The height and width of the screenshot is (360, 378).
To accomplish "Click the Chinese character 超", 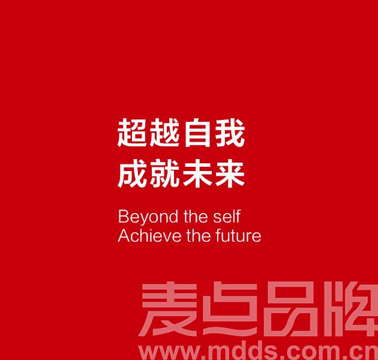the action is pyautogui.click(x=132, y=133).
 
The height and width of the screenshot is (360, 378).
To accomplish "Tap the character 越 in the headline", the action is pyautogui.click(x=164, y=133).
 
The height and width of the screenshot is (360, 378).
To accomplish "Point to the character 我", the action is pyautogui.click(x=230, y=133).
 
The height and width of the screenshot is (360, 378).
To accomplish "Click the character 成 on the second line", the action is pyautogui.click(x=132, y=173).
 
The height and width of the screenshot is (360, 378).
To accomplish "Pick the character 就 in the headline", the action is pyautogui.click(x=164, y=173).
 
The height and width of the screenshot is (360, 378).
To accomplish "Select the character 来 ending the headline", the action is pyautogui.click(x=230, y=173).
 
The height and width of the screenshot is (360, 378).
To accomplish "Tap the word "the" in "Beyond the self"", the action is pyautogui.click(x=196, y=216).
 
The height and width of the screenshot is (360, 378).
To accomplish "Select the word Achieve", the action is pyautogui.click(x=149, y=236).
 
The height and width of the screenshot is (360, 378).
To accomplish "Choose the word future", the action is pyautogui.click(x=238, y=236).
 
